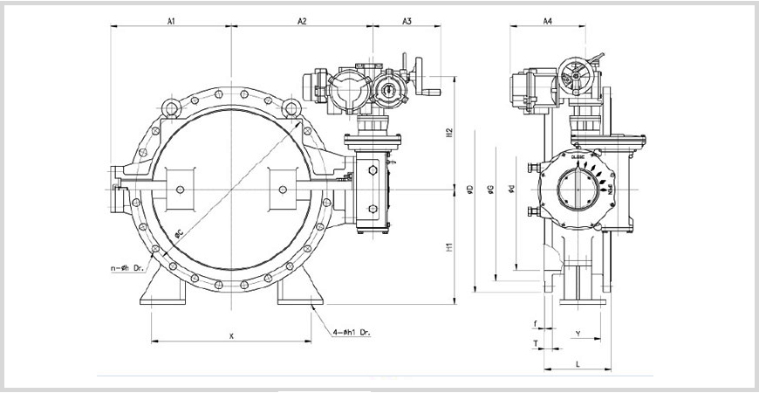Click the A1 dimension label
click(x=171, y=19)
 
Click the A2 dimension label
click(x=302, y=19)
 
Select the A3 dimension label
click(x=407, y=19)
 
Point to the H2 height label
click(x=449, y=132)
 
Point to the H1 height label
click(x=449, y=247)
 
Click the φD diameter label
click(x=469, y=190)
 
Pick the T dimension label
click(x=535, y=344)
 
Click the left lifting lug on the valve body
click(x=172, y=107)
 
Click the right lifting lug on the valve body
click(x=291, y=107)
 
